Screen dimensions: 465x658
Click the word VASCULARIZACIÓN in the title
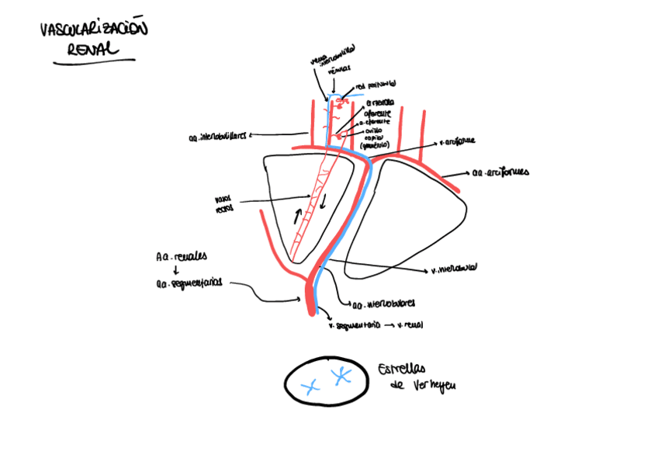pyautogui.click(x=93, y=32)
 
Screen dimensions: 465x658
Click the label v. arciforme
pyautogui.click(x=457, y=142)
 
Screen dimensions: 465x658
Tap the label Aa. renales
pyautogui.click(x=175, y=256)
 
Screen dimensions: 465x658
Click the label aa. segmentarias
pyautogui.click(x=189, y=284)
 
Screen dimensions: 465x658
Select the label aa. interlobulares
pyautogui.click(x=383, y=304)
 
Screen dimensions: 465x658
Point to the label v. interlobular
pyautogui.click(x=453, y=270)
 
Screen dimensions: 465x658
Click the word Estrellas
pyautogui.click(x=404, y=370)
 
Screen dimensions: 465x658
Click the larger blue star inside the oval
pyautogui.click(x=341, y=377)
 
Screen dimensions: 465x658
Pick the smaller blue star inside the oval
pyautogui.click(x=310, y=386)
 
